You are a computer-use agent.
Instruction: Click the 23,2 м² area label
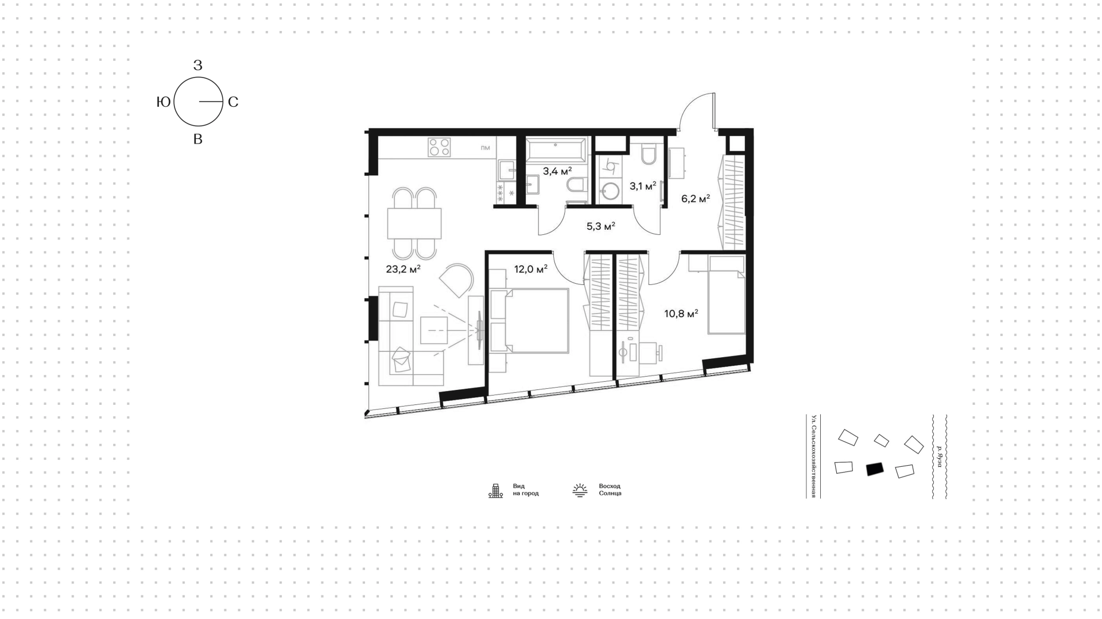click(403, 269)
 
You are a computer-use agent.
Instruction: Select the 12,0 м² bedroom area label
click(530, 269)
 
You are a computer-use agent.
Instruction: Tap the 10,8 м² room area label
click(681, 314)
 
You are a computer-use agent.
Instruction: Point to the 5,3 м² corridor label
click(601, 226)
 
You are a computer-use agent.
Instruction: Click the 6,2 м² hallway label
click(696, 199)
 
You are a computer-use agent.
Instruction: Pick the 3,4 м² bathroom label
click(557, 171)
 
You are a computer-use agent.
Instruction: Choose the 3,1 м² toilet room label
click(643, 186)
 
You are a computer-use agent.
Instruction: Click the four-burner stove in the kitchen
click(439, 147)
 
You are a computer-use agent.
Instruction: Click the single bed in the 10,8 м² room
click(726, 295)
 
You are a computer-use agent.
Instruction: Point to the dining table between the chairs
click(414, 223)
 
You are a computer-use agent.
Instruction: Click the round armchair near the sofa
click(457, 280)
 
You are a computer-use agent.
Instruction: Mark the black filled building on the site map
click(875, 469)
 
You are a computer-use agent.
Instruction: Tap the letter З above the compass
click(198, 65)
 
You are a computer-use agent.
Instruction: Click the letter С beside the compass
click(233, 102)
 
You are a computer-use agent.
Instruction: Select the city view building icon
click(495, 490)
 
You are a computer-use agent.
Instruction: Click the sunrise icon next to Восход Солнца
click(580, 490)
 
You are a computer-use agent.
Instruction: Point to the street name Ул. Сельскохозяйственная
click(813, 456)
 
